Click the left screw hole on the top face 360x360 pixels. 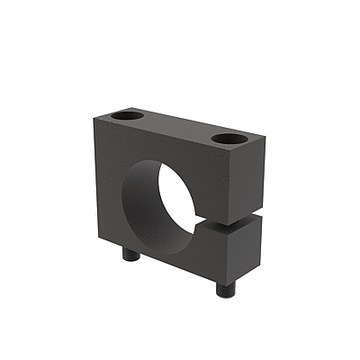(x=130, y=117)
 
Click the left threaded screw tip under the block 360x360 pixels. (x=130, y=256)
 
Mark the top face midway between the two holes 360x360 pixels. (x=180, y=128)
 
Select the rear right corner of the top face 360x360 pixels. (x=267, y=132)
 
